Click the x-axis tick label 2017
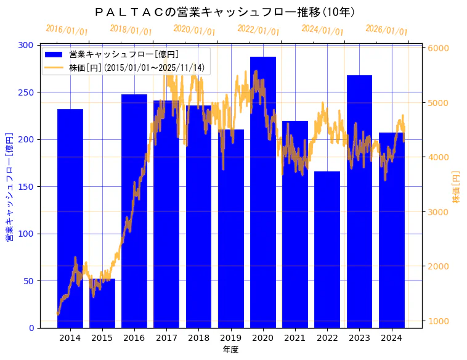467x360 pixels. (x=166, y=338)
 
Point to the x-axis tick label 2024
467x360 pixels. (x=391, y=338)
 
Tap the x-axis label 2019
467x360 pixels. (x=230, y=338)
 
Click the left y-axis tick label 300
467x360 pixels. (x=26, y=45)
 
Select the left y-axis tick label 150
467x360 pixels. (x=26, y=187)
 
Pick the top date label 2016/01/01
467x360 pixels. (x=67, y=30)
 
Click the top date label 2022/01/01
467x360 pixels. (x=258, y=30)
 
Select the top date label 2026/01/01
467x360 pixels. (x=386, y=30)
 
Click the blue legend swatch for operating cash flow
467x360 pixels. (x=54, y=54)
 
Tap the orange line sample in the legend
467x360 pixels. (x=54, y=67)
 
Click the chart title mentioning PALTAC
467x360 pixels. (x=225, y=12)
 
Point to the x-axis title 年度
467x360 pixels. (x=230, y=350)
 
